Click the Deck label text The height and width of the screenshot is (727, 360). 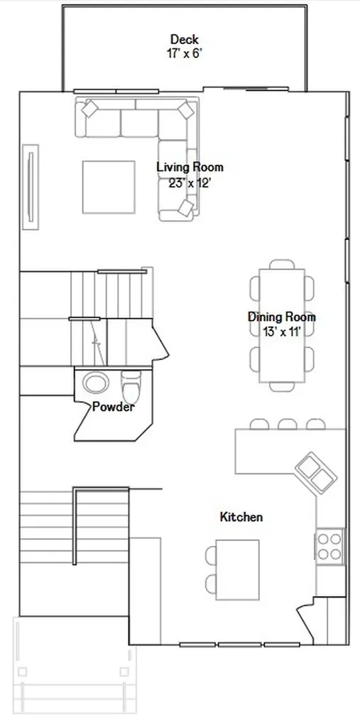[x=185, y=40]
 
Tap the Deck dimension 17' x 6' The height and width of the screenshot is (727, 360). [x=185, y=53]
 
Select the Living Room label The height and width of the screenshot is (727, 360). [x=190, y=167]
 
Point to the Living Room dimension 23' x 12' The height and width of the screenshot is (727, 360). [x=190, y=183]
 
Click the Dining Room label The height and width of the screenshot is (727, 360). [x=282, y=317]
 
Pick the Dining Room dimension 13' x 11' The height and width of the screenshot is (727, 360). [x=282, y=332]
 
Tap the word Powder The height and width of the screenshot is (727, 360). [x=114, y=407]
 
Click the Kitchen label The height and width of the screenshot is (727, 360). [x=241, y=517]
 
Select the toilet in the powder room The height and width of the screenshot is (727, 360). [x=131, y=387]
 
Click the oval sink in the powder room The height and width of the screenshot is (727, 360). [x=96, y=383]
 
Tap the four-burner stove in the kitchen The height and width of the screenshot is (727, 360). [x=329, y=547]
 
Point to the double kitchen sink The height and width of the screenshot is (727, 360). [x=317, y=472]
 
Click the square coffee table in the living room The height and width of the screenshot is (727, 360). [x=109, y=187]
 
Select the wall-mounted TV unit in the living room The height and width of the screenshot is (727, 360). [x=31, y=187]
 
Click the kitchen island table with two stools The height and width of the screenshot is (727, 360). [x=238, y=570]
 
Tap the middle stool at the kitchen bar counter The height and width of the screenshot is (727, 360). [x=288, y=424]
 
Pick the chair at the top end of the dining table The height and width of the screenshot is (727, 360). [x=282, y=264]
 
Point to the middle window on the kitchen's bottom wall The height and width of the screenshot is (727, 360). [x=240, y=645]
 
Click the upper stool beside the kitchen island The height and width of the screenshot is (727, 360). [x=211, y=555]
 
